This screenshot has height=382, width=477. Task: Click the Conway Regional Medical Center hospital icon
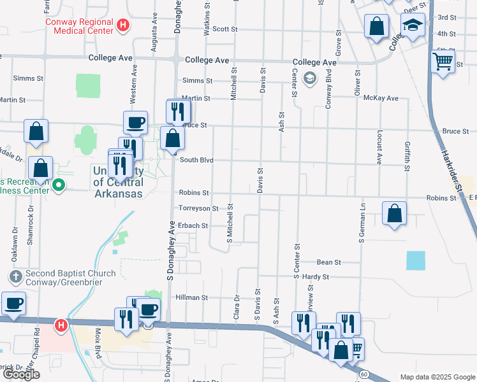point(124,26)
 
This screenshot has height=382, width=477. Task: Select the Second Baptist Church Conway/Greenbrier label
point(70,278)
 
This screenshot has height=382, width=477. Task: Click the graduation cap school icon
point(413,26)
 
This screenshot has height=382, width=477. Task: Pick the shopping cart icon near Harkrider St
point(443,62)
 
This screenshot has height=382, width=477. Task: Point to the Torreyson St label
point(199,208)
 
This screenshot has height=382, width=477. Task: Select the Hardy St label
point(316,277)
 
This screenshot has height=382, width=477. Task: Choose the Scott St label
point(224,29)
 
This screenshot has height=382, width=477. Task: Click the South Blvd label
point(196,160)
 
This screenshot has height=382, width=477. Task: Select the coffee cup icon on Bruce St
point(135,122)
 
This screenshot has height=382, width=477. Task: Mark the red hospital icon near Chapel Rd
point(61,325)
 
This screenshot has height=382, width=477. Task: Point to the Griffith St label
point(406,152)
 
